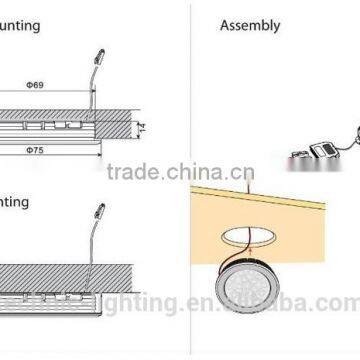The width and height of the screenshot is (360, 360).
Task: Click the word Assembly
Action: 250,26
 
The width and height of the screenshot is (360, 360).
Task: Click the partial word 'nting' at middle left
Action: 14,201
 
